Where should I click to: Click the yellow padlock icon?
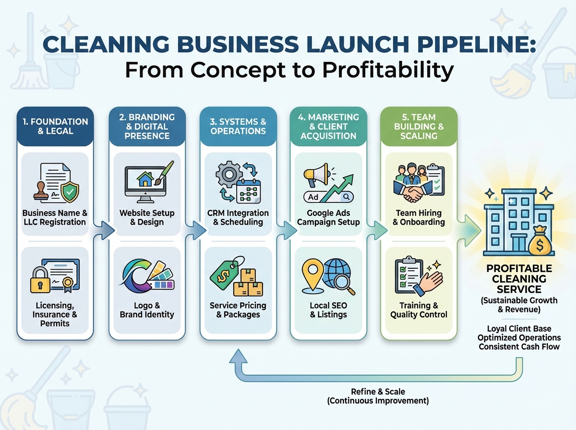click(40, 280)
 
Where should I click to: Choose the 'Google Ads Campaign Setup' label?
click(328, 217)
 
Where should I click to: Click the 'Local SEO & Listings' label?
click(328, 310)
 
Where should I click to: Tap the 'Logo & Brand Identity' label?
click(147, 310)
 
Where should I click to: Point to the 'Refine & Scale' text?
click(378, 392)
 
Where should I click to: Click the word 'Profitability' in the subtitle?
click(387, 70)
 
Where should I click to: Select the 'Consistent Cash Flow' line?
click(519, 346)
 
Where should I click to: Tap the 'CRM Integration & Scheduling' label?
click(238, 217)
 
